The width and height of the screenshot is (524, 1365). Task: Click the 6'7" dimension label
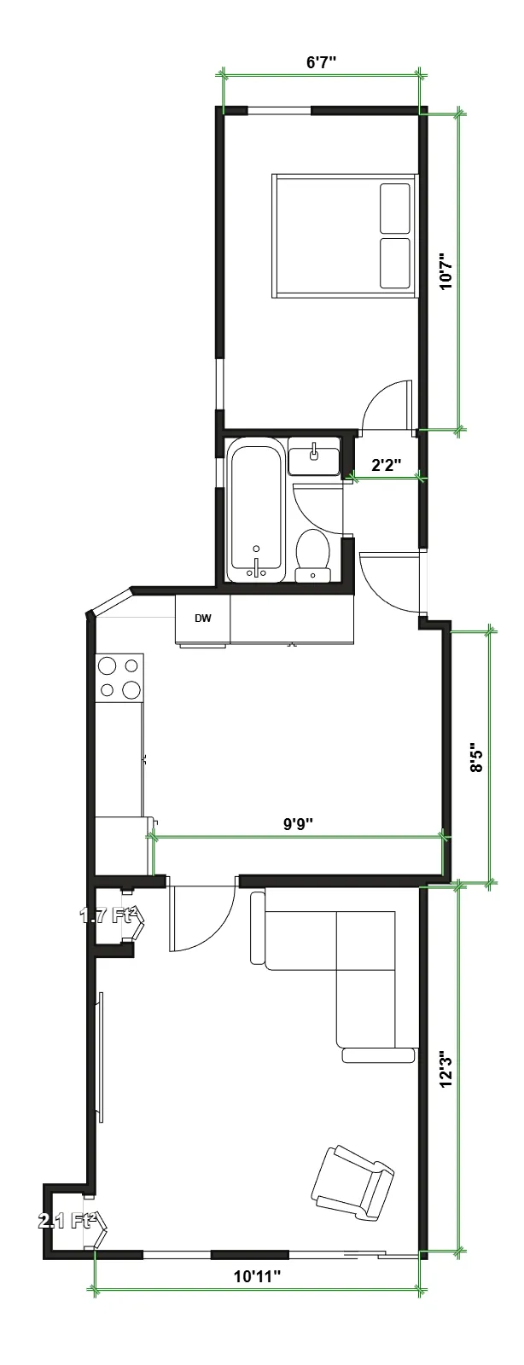321,62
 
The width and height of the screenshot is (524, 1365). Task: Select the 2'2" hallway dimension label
387,465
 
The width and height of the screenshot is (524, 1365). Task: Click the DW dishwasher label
202,619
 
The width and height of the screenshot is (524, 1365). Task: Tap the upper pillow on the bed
394,207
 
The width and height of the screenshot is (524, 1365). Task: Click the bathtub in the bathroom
255,510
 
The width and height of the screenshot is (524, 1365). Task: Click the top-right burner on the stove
132,665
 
